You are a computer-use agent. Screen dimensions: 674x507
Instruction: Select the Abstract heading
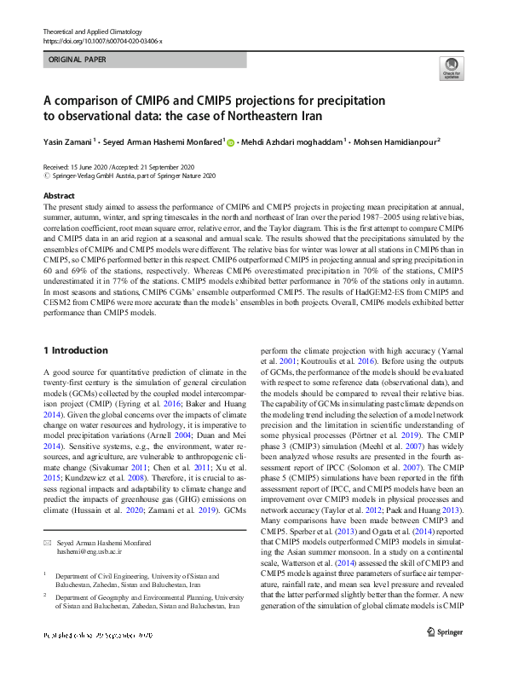tap(58, 196)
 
